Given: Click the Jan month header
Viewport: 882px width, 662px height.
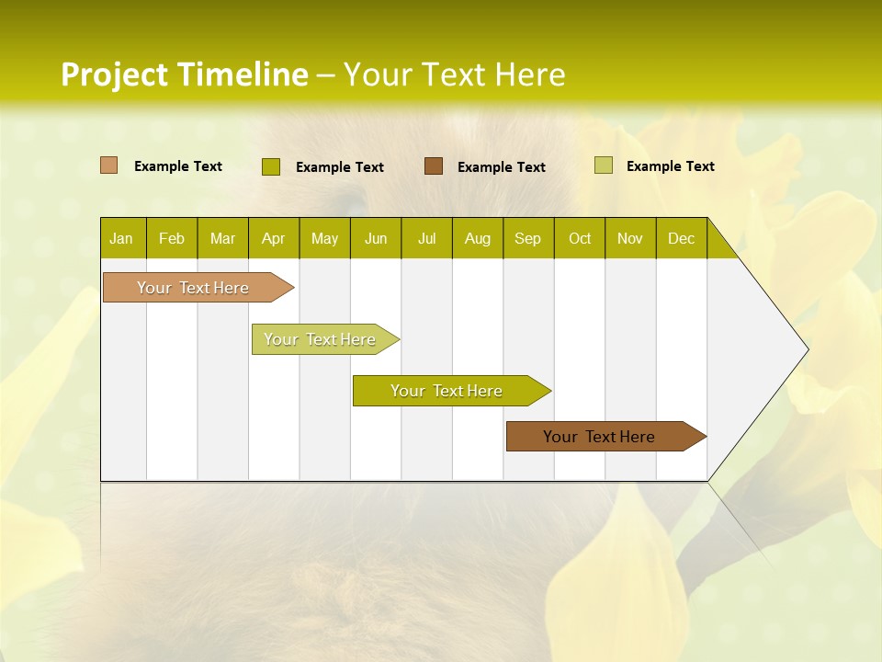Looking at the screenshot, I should pyautogui.click(x=122, y=238).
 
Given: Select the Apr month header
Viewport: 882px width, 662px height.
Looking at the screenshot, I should pyautogui.click(x=274, y=238).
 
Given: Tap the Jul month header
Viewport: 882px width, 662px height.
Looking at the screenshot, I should pyautogui.click(x=426, y=238).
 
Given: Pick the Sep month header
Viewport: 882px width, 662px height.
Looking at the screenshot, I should pyautogui.click(x=528, y=238).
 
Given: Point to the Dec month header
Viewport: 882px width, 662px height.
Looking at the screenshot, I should pyautogui.click(x=681, y=238).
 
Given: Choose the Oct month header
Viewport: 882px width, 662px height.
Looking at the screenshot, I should pyautogui.click(x=580, y=238).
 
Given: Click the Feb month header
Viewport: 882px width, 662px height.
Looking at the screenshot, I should pyautogui.click(x=172, y=238).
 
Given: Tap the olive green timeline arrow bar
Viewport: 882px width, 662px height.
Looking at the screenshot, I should pyautogui.click(x=447, y=391).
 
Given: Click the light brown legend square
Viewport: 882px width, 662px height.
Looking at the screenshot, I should pyautogui.click(x=108, y=165).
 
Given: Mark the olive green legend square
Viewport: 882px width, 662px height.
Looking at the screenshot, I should pyautogui.click(x=270, y=166).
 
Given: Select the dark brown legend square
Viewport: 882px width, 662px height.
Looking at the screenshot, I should pyautogui.click(x=433, y=166).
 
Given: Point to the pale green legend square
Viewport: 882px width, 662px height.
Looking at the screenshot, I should pyautogui.click(x=603, y=165).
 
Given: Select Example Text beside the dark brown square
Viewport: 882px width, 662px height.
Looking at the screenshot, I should pyautogui.click(x=501, y=167).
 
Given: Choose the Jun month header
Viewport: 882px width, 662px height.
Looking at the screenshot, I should pyautogui.click(x=376, y=238).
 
